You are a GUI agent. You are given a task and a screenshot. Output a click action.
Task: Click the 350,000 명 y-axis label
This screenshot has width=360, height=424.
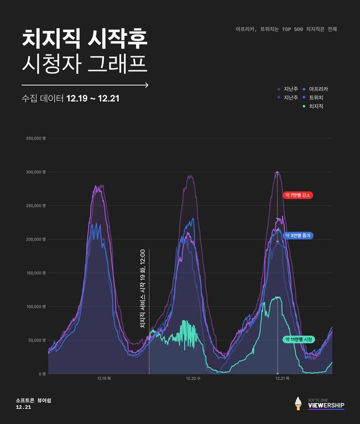[36, 138]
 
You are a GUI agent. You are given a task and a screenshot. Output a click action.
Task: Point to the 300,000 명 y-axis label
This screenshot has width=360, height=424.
[36, 172]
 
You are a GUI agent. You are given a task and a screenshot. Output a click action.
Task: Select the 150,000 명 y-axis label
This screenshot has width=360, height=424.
[36, 273]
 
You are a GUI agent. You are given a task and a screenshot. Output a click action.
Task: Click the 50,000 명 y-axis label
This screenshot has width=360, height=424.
[38, 340]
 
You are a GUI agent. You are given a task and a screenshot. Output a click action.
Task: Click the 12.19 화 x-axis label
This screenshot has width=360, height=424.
[103, 379]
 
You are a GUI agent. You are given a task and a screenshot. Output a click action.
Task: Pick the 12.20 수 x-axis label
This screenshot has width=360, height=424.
[192, 379]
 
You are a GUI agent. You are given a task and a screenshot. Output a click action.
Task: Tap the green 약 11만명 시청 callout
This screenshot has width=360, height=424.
[299, 339]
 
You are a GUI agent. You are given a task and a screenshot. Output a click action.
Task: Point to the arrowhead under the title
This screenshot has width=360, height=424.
[147, 85]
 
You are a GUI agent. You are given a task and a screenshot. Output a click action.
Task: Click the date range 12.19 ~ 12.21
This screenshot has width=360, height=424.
[93, 98]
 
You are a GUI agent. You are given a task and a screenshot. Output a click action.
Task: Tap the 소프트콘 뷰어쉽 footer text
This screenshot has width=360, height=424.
[34, 400]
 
